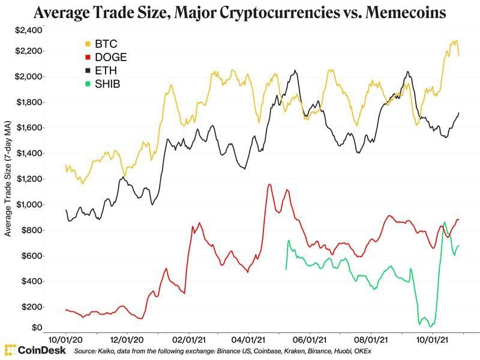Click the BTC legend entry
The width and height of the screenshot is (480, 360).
(x=104, y=44)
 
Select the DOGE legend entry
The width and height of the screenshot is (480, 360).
(x=107, y=58)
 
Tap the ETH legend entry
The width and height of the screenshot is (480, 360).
(x=104, y=71)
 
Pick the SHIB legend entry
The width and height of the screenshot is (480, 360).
(x=106, y=84)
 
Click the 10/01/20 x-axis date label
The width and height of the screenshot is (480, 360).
(x=66, y=338)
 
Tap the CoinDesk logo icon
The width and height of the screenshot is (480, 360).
(x=10, y=349)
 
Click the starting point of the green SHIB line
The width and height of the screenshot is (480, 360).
(x=285, y=269)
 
